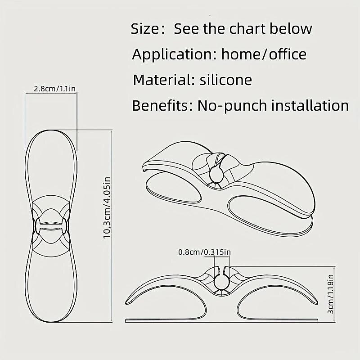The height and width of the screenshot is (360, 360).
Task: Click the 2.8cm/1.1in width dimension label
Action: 54,88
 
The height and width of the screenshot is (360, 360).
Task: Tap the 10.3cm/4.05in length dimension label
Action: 107,207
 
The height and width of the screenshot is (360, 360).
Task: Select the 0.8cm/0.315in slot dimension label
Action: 204,252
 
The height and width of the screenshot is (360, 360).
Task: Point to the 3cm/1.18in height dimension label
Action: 330,294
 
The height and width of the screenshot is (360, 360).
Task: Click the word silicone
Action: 226,80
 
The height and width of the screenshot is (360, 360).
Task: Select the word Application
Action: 175,54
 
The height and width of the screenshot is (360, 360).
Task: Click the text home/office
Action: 264,54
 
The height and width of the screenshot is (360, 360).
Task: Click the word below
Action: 291,28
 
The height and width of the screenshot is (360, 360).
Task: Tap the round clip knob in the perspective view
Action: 216,174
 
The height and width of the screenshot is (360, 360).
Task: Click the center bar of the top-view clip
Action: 51,226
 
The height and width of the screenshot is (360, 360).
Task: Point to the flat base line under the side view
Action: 222,320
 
